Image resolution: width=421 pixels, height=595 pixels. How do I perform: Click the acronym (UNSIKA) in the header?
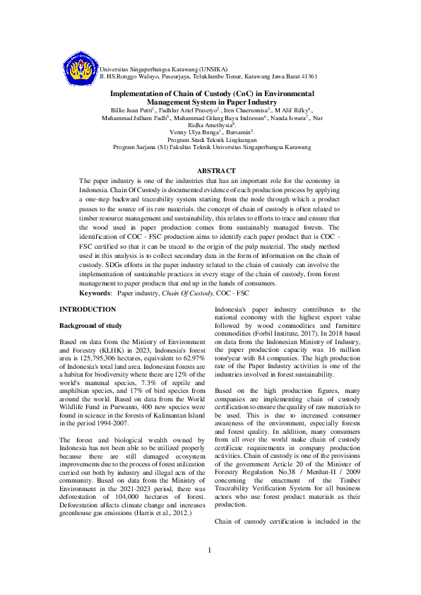tap(210, 69)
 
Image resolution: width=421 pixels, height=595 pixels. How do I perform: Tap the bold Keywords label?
tap(95, 292)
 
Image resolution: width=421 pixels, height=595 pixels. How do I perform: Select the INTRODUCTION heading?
tap(88, 310)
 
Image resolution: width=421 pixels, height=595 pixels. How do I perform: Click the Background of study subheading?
tap(90, 326)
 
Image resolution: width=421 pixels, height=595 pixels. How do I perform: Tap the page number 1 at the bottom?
tap(210, 570)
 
